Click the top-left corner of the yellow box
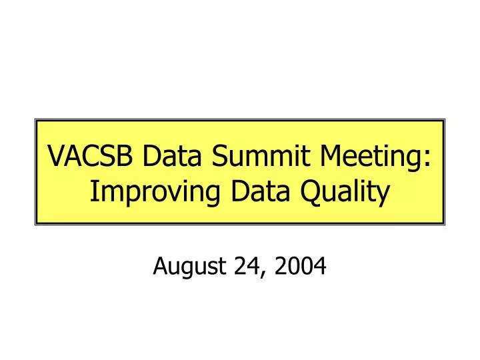coord(36,121)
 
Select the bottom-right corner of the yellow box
coord(443,223)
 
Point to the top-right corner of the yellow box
coord(443,121)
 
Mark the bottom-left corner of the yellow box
coord(36,223)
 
